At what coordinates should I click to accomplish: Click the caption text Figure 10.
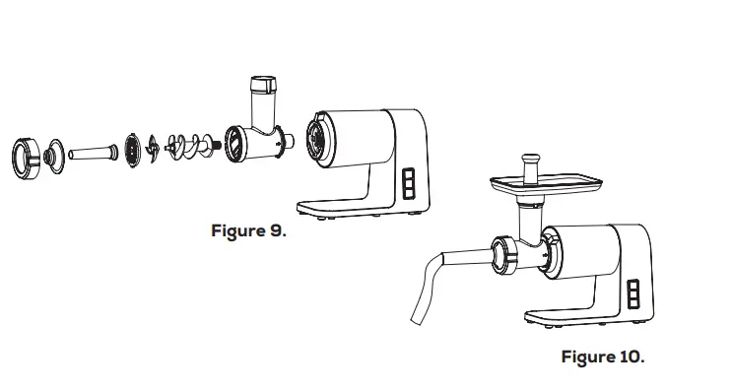click(x=603, y=357)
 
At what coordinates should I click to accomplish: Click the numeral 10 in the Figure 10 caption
click(x=630, y=357)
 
